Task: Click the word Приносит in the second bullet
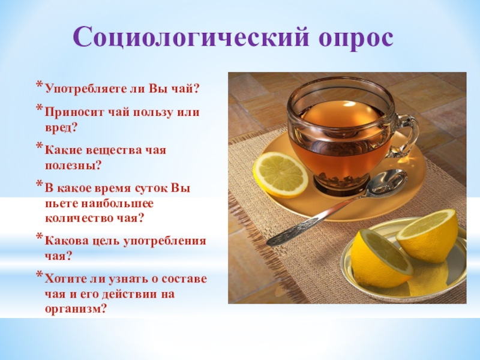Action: pos(70,112)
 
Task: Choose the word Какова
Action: pos(63,241)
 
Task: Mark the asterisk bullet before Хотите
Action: pos(39,276)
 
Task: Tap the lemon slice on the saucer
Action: pos(280,174)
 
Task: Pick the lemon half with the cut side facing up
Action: pos(427,236)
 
